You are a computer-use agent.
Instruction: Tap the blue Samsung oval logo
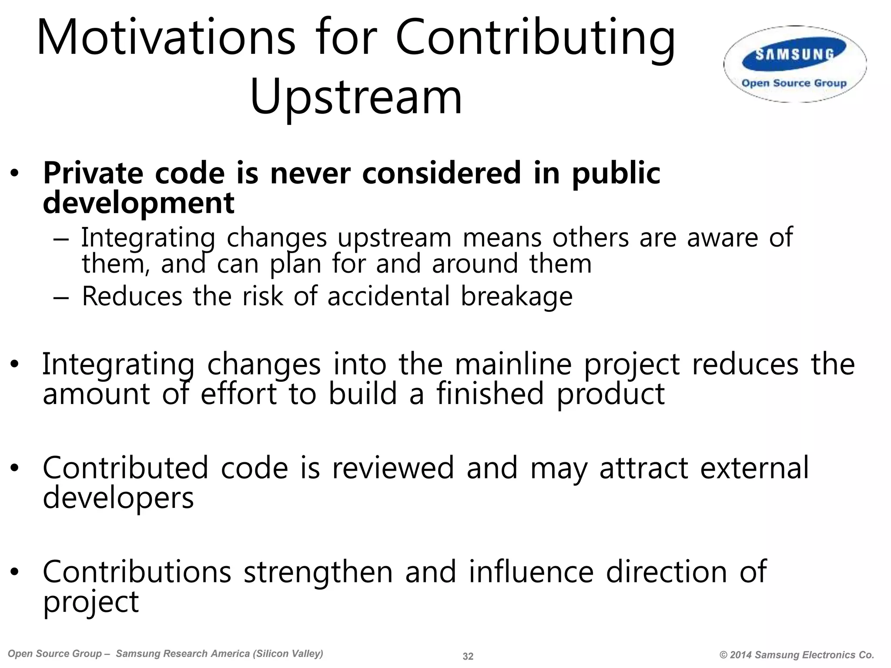click(794, 55)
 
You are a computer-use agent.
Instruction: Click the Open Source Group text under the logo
click(794, 83)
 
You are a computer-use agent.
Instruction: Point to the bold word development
click(138, 203)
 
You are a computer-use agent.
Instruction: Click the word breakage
click(516, 297)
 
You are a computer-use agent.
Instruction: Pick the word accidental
click(388, 297)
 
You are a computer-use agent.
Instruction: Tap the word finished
click(490, 394)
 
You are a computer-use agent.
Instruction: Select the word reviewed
click(393, 468)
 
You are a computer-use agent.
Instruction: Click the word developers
click(118, 498)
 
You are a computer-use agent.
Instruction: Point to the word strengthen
click(318, 572)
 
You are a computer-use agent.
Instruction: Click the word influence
click(531, 572)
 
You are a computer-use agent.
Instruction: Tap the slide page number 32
click(468, 656)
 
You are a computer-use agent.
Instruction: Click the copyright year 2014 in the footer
click(741, 655)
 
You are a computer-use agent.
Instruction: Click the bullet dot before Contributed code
click(15, 468)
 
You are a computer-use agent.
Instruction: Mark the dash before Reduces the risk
click(61, 297)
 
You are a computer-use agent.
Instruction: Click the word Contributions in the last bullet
click(137, 572)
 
